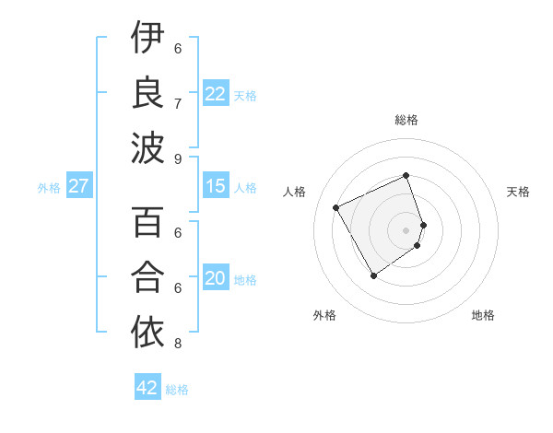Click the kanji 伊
[x=147, y=39]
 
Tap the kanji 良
[x=147, y=93]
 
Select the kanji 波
[x=147, y=147]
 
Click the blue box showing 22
[x=215, y=94]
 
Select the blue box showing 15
[x=215, y=186]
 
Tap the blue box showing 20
[x=215, y=278]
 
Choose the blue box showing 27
[x=78, y=186]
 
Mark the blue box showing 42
[x=147, y=388]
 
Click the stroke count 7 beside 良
[x=177, y=103]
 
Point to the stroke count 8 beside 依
[x=177, y=344]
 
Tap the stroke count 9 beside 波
[x=177, y=158]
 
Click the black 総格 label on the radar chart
[x=406, y=120]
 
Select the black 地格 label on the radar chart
[x=483, y=315]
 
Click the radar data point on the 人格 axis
[x=335, y=207]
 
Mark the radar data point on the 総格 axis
[x=406, y=175]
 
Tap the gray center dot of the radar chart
[x=406, y=229]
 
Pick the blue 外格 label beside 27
[x=49, y=188]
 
